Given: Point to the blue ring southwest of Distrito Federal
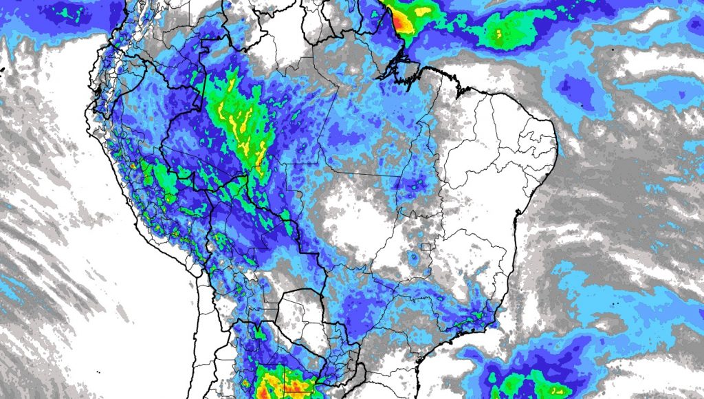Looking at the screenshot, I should [413, 259].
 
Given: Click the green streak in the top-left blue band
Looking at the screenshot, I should [66, 12].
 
